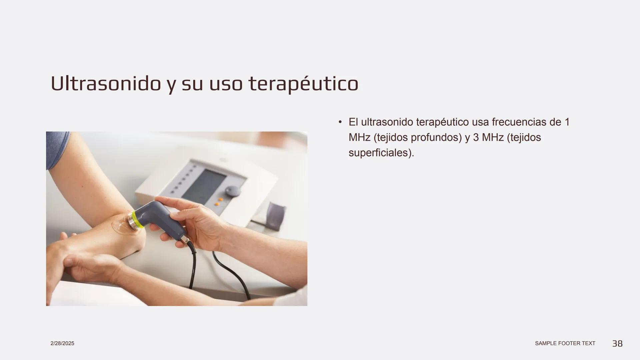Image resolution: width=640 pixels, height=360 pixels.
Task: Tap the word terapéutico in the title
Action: click(x=303, y=84)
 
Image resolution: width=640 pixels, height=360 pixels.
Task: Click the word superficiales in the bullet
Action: click(x=380, y=153)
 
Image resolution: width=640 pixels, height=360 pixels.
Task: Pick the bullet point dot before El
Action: click(x=340, y=122)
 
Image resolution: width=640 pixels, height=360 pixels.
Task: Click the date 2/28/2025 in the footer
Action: click(x=62, y=343)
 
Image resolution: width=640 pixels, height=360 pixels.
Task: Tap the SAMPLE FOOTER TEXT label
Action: click(x=565, y=343)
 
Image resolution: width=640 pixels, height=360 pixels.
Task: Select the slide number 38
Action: click(x=617, y=344)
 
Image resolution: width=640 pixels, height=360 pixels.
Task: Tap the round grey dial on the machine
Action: click(x=232, y=191)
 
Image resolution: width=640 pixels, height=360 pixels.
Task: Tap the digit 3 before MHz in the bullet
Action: click(x=476, y=137)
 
